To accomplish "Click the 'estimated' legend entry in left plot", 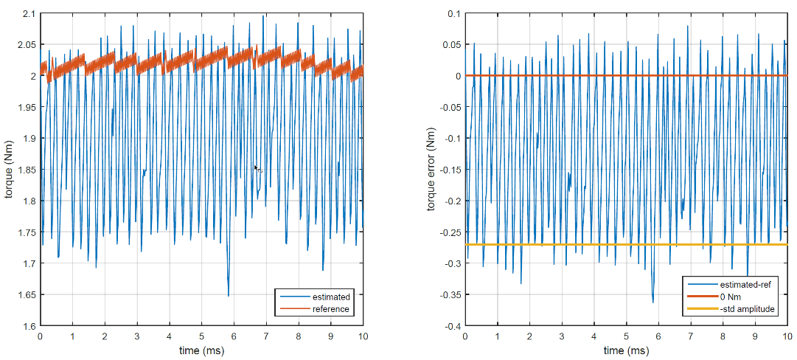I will pyautogui.click(x=331, y=297).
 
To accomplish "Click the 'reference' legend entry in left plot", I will pyautogui.click(x=330, y=308).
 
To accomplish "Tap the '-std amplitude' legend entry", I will pyautogui.click(x=747, y=309).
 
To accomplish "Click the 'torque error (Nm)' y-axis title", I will pyautogui.click(x=433, y=169).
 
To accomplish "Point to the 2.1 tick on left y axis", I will pyautogui.click(x=27, y=13).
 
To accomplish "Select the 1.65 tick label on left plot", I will pyautogui.click(x=25, y=295).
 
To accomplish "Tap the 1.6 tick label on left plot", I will pyautogui.click(x=27, y=326).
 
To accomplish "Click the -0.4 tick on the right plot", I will pyautogui.click(x=450, y=326).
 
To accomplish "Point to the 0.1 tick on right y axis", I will pyautogui.click(x=452, y=13).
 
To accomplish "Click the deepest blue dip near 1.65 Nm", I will pyautogui.click(x=229, y=295).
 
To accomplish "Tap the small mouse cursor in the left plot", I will pyautogui.click(x=257, y=169).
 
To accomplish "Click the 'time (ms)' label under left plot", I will pyautogui.click(x=201, y=350).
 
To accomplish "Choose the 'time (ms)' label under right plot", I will pyautogui.click(x=625, y=350).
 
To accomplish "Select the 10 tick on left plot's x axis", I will pyautogui.click(x=362, y=336).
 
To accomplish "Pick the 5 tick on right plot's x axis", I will pyautogui.click(x=626, y=336).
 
